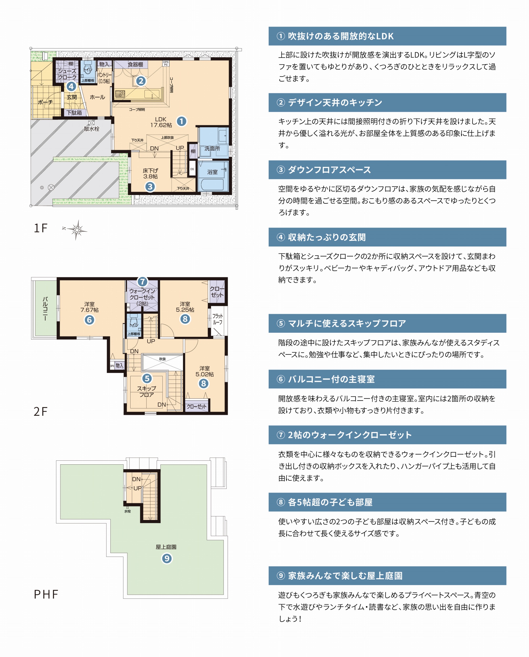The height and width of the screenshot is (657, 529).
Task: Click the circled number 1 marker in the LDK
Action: [x=181, y=121]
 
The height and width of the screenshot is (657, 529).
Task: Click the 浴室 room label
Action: [x=212, y=172]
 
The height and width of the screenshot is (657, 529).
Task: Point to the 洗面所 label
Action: [x=212, y=148]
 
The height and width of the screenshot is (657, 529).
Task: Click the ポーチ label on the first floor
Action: [x=45, y=102]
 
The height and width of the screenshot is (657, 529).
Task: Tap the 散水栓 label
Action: [x=91, y=129]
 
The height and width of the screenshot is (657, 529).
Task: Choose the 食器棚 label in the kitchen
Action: [x=135, y=64]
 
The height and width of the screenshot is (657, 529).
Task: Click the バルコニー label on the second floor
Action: [x=45, y=309]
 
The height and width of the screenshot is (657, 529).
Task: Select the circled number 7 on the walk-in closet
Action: [x=142, y=282]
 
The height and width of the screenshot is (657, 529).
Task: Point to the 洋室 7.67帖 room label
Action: [x=89, y=307]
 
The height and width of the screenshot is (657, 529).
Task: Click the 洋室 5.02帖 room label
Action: [x=204, y=371]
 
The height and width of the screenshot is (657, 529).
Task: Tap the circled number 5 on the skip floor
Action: [x=147, y=378]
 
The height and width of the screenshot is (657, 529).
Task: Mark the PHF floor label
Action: [x=46, y=594]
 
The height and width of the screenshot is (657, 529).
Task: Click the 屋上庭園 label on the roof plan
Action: [x=166, y=547]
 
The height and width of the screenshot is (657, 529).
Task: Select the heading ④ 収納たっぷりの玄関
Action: [x=321, y=237]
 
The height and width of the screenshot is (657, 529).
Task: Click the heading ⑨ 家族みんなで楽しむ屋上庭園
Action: [x=339, y=576]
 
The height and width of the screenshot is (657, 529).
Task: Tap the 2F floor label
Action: [x=40, y=412]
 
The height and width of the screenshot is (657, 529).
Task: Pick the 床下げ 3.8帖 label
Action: [x=151, y=173]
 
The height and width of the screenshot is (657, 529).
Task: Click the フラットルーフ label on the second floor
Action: [x=217, y=319]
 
